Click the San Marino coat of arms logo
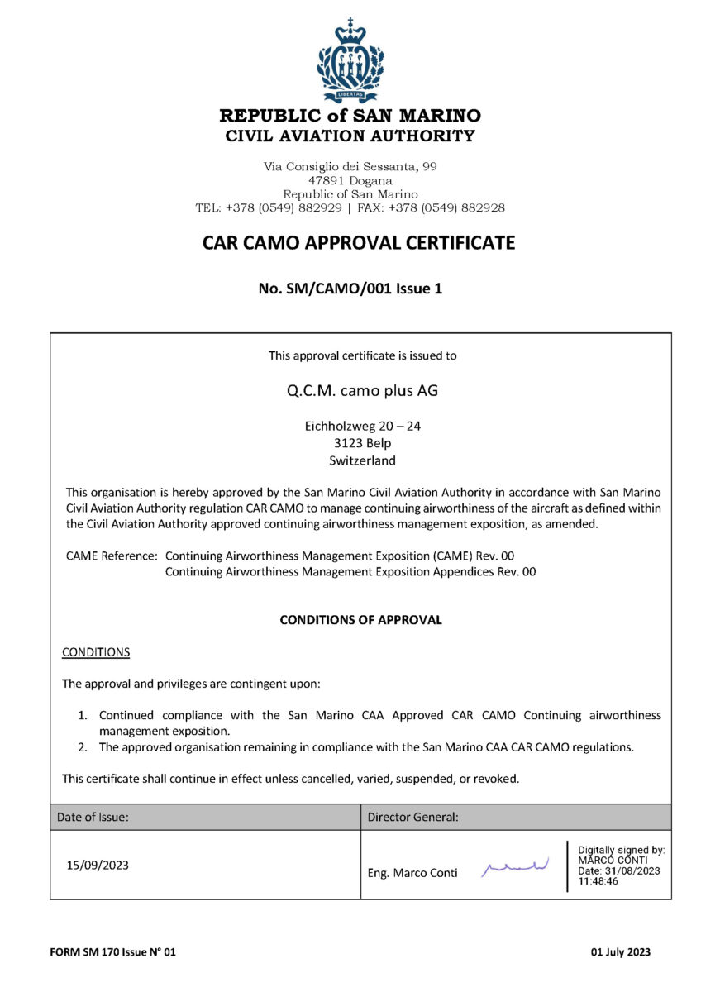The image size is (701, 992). tap(350, 60)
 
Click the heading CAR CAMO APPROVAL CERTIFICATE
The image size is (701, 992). tap(359, 242)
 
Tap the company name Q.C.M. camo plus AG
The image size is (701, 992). tap(362, 390)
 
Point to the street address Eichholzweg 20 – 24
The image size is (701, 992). tap(363, 427)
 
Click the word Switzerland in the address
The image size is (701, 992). tap(362, 460)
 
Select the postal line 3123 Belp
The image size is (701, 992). tap(362, 444)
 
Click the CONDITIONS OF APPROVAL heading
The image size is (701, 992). tap(360, 619)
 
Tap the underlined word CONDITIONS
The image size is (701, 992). tap(96, 651)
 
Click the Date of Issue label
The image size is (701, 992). tap(93, 817)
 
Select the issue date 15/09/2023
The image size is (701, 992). tap(98, 866)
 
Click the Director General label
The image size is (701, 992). tap(412, 817)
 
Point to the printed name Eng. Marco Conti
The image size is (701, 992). tap(412, 873)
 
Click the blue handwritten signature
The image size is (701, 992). tap(515, 866)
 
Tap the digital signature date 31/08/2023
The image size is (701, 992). tap(632, 870)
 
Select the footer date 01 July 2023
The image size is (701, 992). tap(620, 952)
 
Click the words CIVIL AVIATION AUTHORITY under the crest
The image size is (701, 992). tap(350, 136)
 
